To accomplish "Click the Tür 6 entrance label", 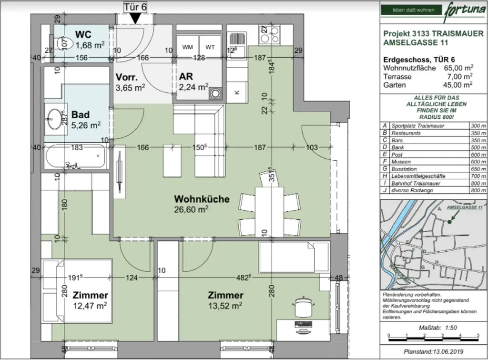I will point(135,6).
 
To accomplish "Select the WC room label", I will point(83,35).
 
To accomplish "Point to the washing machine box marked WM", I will point(187,47).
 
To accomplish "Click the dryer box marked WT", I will point(210,47).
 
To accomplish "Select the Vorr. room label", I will point(127,77).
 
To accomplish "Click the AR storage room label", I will point(186,77).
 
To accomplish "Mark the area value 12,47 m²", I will point(90,306).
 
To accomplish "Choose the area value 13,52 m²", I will point(225,306).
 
